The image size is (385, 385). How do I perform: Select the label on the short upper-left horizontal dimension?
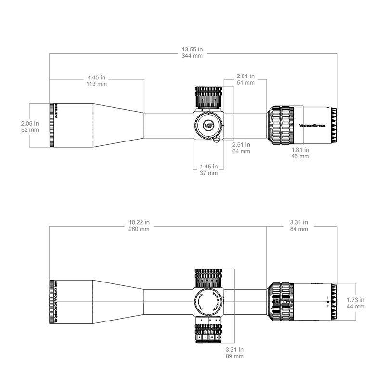96,79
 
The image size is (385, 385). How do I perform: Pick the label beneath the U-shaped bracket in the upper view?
209,169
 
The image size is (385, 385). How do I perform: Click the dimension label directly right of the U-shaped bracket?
241,147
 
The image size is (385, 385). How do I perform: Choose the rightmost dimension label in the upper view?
301,153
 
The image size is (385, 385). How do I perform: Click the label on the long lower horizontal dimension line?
139,226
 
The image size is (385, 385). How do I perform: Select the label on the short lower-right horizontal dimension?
299,225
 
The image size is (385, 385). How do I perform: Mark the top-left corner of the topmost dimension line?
50,53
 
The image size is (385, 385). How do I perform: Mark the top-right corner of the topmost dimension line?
337,53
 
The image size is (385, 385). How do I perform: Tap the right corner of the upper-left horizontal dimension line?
144,79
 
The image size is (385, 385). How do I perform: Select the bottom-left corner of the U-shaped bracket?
193,169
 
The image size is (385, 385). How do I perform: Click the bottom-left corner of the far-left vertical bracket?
30,147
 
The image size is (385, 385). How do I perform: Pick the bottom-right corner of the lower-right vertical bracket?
356,319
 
